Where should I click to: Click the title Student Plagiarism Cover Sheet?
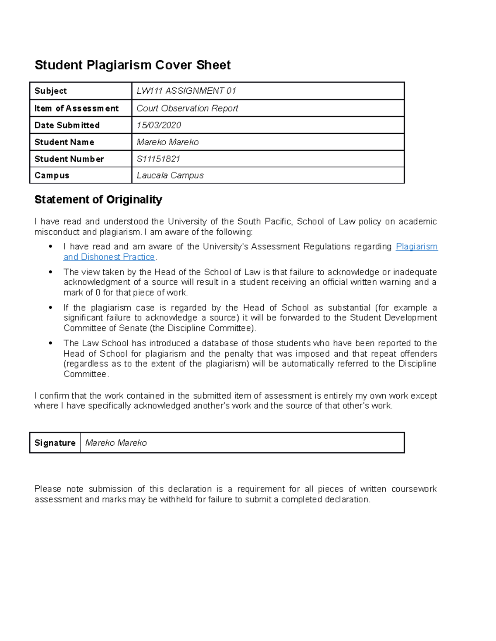coord(132,65)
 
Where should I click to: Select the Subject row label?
coord(50,91)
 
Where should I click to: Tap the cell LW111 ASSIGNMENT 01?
coord(186,91)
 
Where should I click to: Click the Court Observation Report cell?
coord(187,108)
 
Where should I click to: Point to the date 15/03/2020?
coord(159,125)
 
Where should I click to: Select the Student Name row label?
coord(64,142)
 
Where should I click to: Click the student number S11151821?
coord(158,159)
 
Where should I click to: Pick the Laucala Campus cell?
coord(170,175)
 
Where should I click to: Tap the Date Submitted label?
coord(67,125)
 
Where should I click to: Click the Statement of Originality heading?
coord(98,200)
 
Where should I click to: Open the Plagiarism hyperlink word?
coord(416,246)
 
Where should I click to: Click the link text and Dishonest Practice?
coord(109,257)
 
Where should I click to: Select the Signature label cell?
coord(55,443)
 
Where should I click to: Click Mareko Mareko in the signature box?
coord(116,443)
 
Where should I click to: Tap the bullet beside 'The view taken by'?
coord(50,272)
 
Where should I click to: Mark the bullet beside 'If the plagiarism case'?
coord(50,308)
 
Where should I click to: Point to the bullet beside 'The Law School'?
coord(50,343)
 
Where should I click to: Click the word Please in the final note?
coord(48,489)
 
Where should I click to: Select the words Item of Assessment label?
coord(76,108)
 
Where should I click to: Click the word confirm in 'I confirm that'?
coord(55,395)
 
